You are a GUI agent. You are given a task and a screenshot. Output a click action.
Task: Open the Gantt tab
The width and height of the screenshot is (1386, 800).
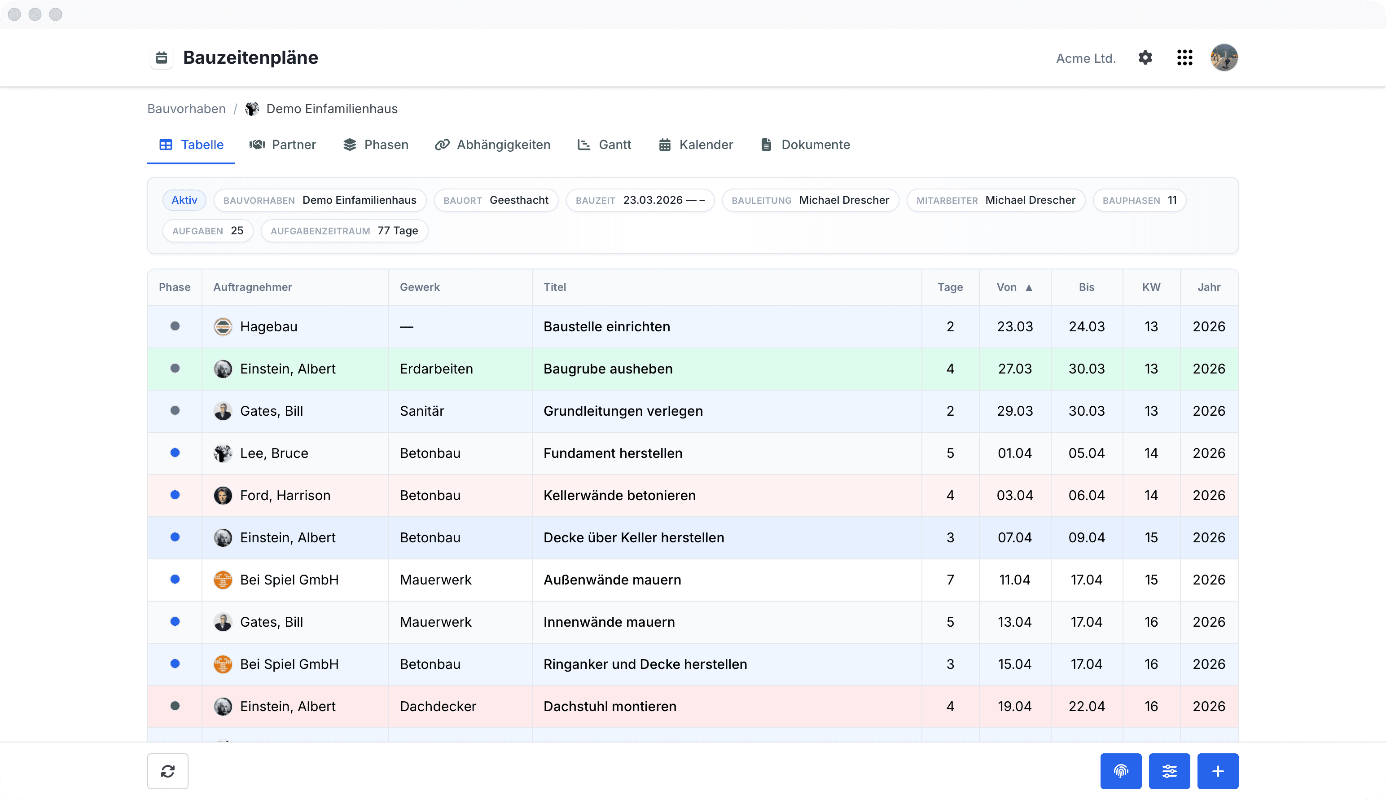604,145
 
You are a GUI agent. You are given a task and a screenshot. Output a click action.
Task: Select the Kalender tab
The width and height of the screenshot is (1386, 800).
696,145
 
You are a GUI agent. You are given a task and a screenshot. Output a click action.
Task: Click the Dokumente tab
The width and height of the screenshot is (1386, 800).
805,145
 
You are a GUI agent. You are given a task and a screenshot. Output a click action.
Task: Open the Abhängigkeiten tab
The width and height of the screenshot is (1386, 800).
492,145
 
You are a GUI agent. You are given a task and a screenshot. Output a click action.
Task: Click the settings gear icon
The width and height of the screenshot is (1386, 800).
1145,58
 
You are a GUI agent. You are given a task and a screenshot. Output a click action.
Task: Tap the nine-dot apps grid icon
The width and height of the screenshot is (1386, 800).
1184,58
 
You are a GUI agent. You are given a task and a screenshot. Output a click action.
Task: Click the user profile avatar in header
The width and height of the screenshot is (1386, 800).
1224,58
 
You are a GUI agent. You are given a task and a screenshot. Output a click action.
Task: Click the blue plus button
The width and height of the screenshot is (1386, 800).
1217,771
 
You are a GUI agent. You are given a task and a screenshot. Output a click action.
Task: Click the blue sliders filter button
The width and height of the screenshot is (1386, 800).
1169,771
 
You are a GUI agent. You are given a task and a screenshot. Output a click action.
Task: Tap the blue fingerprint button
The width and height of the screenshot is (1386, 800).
1121,771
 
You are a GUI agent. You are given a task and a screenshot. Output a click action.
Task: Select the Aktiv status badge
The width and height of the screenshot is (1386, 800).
184,200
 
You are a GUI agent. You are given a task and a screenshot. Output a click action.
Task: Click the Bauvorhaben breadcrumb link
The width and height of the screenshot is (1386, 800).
186,109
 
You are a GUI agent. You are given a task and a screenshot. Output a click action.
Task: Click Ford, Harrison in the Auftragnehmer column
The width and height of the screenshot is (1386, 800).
285,495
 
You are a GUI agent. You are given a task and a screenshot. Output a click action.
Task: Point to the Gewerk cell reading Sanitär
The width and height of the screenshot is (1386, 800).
422,411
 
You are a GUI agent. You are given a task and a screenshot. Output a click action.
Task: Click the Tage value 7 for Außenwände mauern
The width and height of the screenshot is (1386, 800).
950,580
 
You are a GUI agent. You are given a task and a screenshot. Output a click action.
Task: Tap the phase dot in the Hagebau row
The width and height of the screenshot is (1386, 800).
175,326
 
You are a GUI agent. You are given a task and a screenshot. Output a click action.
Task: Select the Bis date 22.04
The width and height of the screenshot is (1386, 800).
1086,706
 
